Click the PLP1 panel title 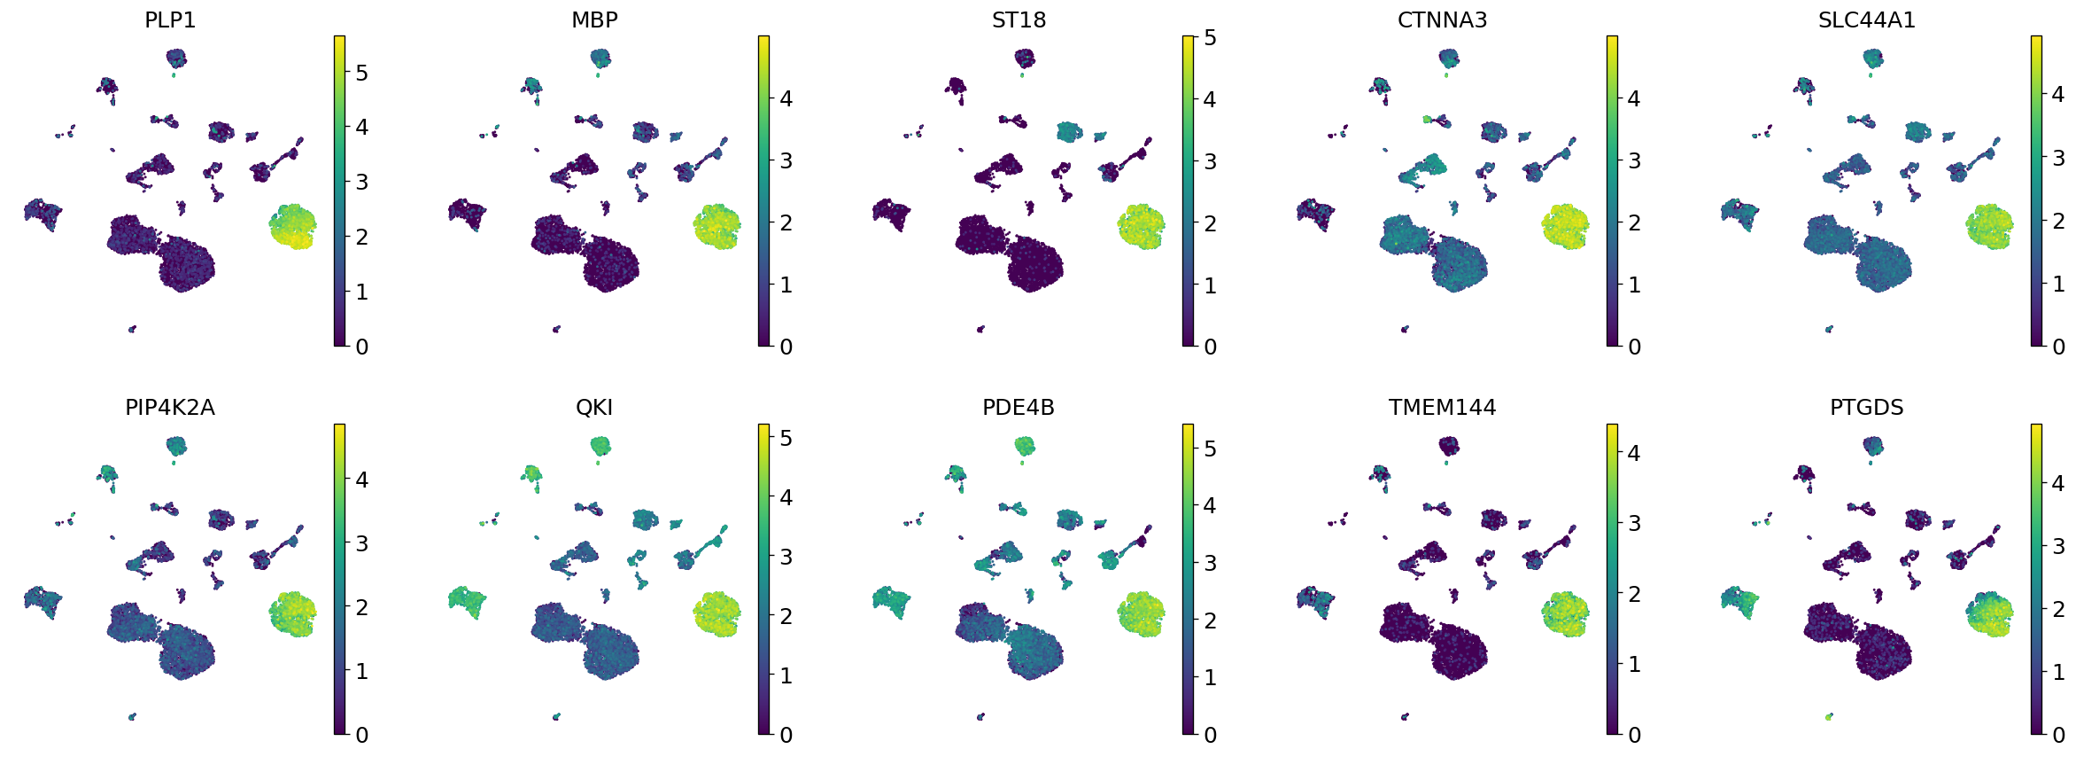point(170,20)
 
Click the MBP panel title point(594,20)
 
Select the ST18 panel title point(1019,20)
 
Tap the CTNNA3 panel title point(1442,20)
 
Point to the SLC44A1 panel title point(1866,20)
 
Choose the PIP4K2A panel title point(170,408)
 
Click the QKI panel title point(594,408)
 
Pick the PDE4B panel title point(1019,408)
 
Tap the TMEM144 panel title point(1442,408)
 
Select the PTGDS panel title point(1866,408)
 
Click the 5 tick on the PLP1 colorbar point(361,73)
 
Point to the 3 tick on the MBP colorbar point(786,160)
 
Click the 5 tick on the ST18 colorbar point(1210,38)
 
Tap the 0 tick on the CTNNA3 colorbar point(1634,347)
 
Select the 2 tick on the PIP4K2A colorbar point(361,607)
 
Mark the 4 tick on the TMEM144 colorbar point(1634,453)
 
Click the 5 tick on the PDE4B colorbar point(1210,449)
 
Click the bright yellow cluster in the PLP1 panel point(293,227)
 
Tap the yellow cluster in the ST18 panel point(1142,227)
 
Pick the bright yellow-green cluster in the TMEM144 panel point(1565,614)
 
